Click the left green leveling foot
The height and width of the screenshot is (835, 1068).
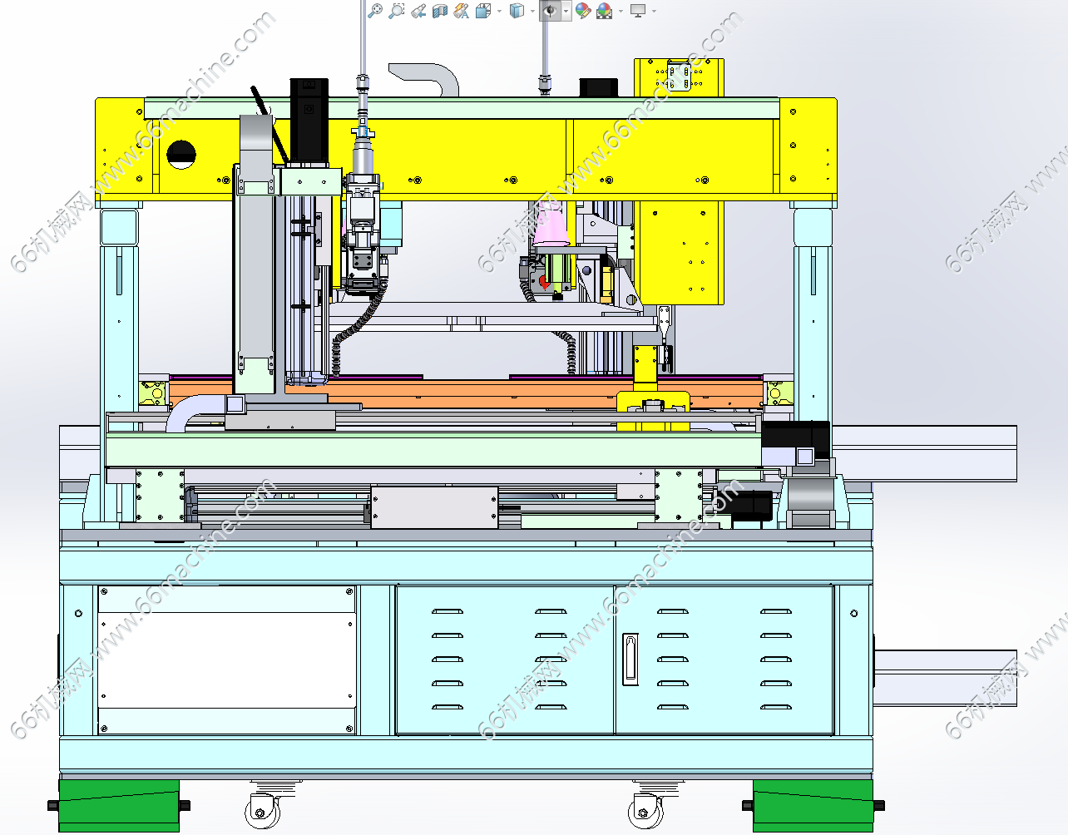[x=118, y=806]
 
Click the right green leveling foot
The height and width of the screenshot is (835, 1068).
[x=813, y=806]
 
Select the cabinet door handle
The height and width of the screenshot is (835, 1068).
[x=630, y=660]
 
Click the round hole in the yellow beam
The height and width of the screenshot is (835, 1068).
[x=181, y=154]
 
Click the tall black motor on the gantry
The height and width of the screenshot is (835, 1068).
[x=309, y=121]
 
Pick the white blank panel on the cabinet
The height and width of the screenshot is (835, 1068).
[x=226, y=660]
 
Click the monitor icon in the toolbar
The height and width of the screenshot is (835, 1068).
[x=638, y=11]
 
